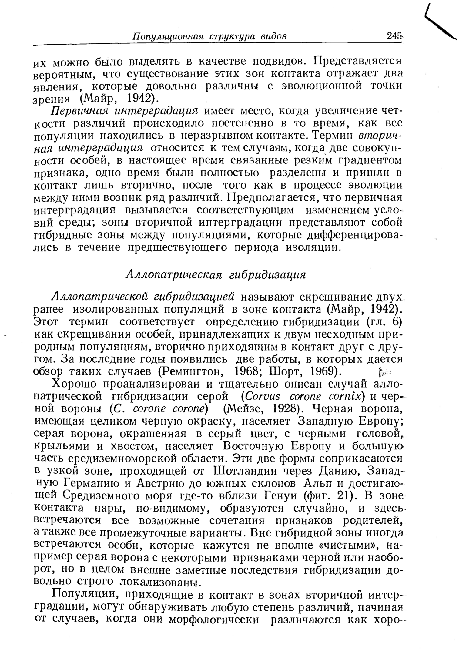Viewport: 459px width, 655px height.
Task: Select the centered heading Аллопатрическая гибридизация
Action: pyautogui.click(x=216, y=274)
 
